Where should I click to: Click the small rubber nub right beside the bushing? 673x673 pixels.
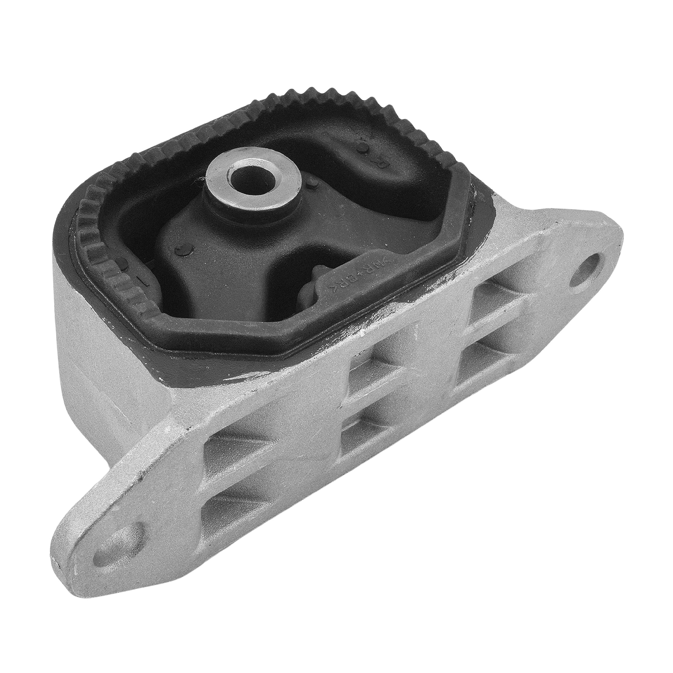pos(311,181)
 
